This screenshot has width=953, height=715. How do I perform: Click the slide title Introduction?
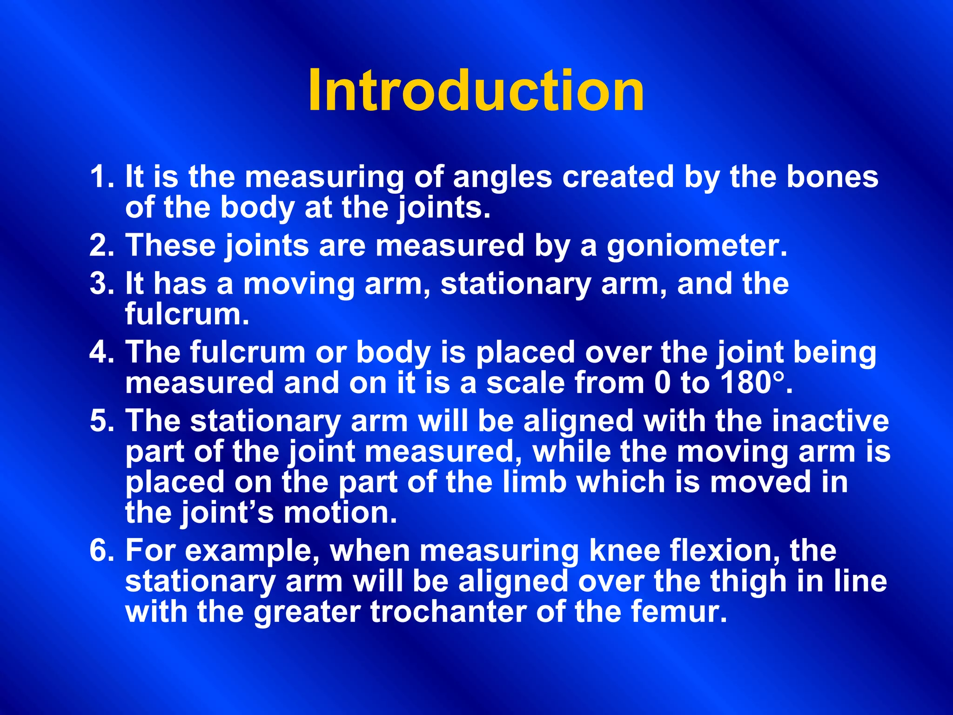point(476,91)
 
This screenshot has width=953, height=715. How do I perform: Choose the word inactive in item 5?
point(830,421)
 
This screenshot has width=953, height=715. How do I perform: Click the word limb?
point(535,482)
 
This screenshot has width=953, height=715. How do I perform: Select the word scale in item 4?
point(525,383)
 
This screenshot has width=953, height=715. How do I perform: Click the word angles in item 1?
point(502,178)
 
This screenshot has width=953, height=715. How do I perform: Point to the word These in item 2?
point(171,246)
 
